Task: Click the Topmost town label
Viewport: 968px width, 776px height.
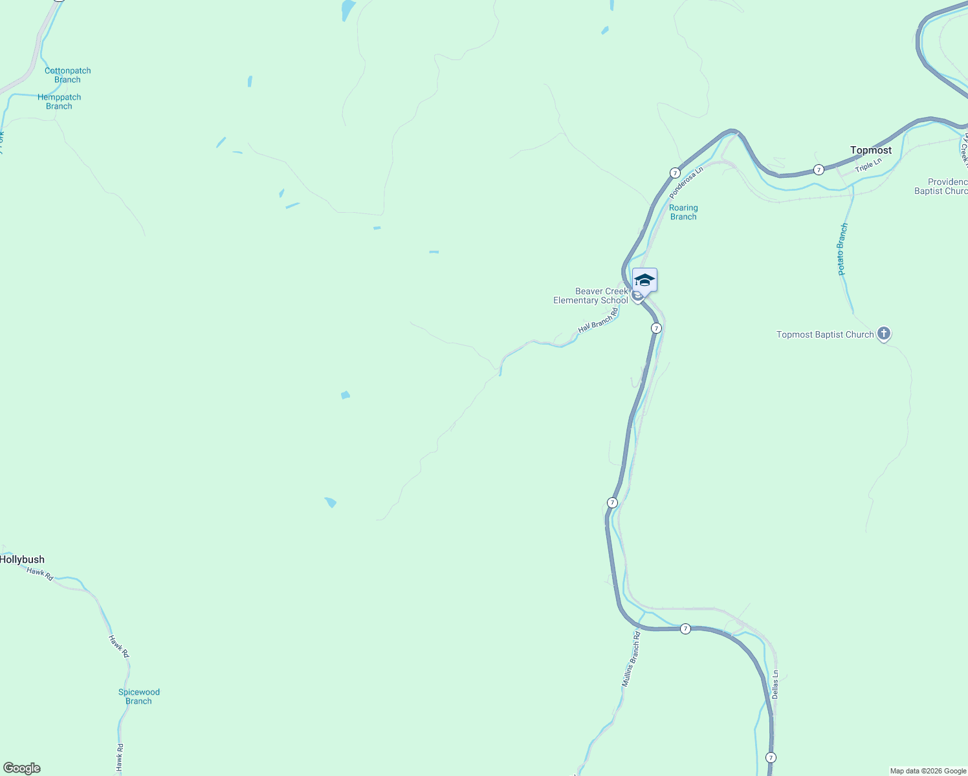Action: click(870, 150)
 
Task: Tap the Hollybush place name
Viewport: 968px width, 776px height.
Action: click(23, 559)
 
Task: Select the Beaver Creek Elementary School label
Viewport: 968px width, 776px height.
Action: click(590, 296)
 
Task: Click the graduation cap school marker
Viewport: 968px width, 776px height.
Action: click(644, 280)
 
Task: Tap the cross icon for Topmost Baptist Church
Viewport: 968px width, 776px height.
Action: click(884, 334)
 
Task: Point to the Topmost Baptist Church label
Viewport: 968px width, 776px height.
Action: click(825, 334)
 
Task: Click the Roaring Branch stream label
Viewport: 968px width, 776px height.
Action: click(683, 212)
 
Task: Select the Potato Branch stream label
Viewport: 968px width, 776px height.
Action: click(842, 250)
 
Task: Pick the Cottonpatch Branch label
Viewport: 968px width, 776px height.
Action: click(67, 75)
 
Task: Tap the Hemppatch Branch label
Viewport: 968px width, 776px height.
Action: click(59, 102)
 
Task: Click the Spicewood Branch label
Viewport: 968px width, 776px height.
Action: click(138, 696)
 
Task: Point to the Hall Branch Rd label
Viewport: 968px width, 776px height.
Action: click(598, 320)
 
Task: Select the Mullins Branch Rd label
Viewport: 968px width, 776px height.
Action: click(631, 659)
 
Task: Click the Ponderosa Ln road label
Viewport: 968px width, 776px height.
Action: click(686, 183)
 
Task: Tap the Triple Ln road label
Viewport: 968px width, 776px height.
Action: click(868, 166)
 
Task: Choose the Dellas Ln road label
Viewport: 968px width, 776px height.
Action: click(775, 684)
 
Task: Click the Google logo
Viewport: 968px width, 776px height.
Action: click(22, 768)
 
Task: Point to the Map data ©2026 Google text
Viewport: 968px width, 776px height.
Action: click(928, 771)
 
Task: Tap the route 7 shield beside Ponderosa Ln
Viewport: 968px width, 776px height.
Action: click(675, 173)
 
